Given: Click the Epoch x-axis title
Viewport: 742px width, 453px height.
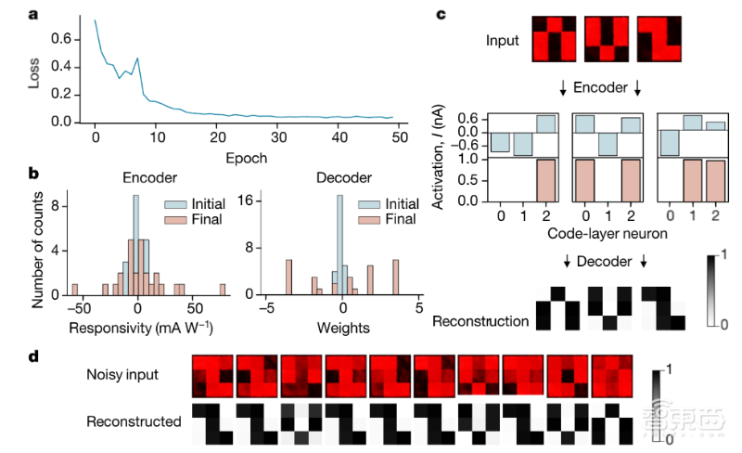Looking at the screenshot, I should click(245, 157).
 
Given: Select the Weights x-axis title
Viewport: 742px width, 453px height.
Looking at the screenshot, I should click(342, 328).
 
